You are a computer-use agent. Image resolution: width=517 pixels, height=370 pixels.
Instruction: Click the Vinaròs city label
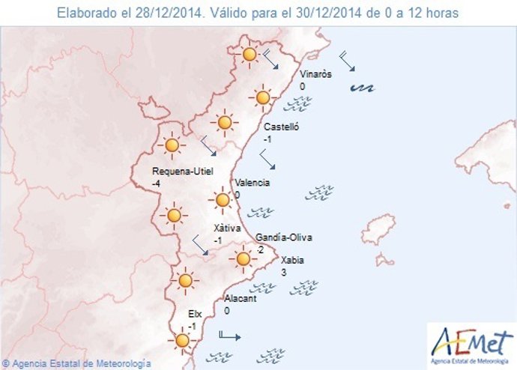coord(315,74)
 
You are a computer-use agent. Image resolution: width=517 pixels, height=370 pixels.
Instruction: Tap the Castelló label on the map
coord(281,127)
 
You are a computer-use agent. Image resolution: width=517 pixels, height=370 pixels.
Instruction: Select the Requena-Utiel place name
coord(183,172)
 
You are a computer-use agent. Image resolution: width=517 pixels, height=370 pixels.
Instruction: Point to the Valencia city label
coord(253,183)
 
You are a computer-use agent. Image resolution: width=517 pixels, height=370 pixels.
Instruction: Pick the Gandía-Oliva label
coord(284,237)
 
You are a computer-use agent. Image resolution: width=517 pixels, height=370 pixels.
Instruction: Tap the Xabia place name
coord(292,260)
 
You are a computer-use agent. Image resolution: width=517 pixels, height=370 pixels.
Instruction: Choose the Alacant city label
coord(241,298)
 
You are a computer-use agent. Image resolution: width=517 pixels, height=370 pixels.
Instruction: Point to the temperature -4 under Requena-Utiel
coord(157,184)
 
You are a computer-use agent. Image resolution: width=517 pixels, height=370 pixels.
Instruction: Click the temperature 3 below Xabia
coord(283,273)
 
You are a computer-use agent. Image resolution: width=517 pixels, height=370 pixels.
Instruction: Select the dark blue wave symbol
coord(363,88)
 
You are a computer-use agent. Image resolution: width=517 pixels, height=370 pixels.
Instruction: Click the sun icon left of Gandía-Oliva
coord(242,259)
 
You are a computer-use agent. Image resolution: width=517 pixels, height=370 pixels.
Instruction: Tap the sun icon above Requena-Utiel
coord(173,145)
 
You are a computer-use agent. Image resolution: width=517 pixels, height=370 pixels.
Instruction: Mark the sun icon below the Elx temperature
coord(181,341)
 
